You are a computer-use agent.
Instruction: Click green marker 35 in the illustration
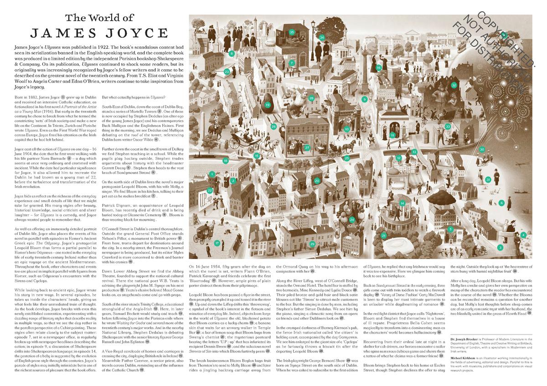(291, 32)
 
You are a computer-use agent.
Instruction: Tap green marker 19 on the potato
(268, 105)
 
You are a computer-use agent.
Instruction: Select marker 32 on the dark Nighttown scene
(454, 85)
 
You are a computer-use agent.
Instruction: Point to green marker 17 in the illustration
(217, 243)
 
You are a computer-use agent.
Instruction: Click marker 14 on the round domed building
(402, 203)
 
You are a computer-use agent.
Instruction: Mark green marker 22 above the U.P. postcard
(210, 190)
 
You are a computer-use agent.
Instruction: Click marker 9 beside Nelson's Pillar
(364, 99)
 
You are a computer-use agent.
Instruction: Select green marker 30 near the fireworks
(482, 149)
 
